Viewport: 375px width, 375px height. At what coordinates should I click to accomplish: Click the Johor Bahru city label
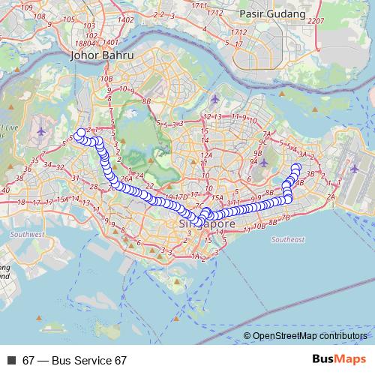click(100, 55)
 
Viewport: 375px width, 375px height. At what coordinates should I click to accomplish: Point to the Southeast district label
click(288, 239)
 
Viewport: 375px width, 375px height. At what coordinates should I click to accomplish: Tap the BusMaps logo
click(339, 360)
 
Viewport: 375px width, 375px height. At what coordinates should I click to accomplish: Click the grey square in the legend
click(12, 360)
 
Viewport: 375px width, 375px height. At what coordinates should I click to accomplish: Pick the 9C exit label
click(262, 141)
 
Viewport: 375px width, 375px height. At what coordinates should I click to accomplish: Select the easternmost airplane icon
click(353, 168)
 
